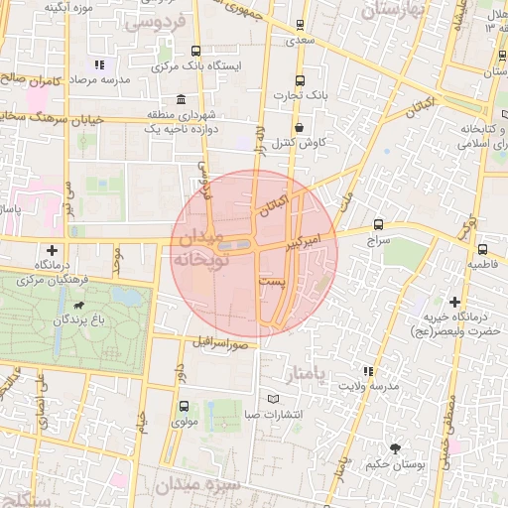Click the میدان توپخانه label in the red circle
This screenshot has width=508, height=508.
tap(202, 248)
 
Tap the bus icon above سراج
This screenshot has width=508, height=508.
tap(378, 224)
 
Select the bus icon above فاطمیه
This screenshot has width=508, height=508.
tap(482, 249)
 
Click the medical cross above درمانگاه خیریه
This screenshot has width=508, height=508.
tap(455, 301)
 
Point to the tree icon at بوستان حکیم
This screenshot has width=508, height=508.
tap(396, 448)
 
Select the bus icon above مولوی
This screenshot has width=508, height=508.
tap(183, 406)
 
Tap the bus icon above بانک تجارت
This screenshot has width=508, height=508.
tap(301, 81)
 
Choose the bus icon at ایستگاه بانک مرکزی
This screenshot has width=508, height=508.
tap(194, 52)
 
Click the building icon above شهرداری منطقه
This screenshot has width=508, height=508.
tap(180, 100)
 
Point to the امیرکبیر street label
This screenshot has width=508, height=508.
tap(302, 237)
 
